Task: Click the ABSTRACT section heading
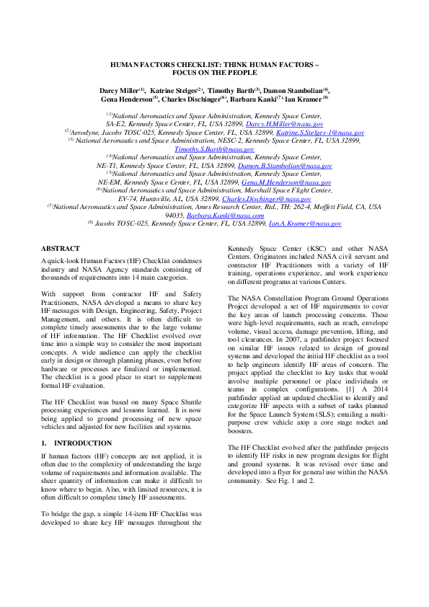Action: click(x=61, y=248)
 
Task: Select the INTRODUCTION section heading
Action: click(x=82, y=442)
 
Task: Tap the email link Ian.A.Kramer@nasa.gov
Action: click(x=305, y=223)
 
